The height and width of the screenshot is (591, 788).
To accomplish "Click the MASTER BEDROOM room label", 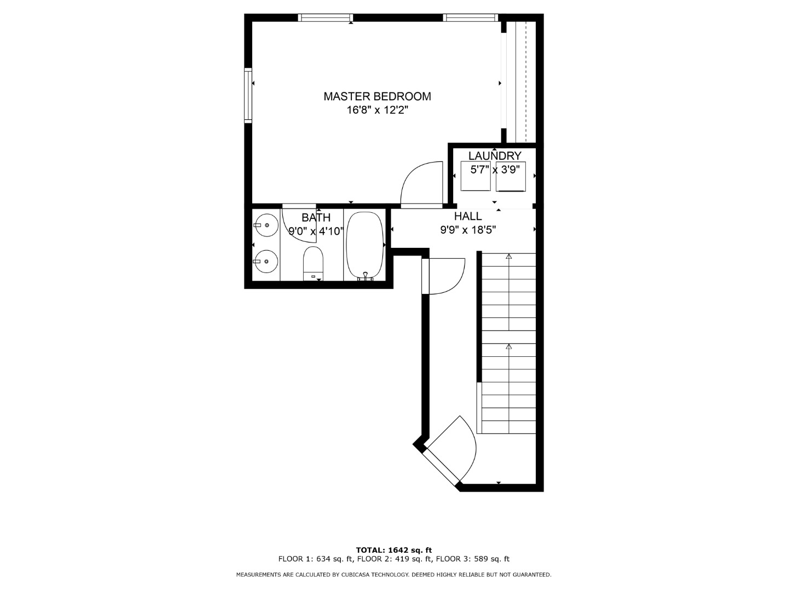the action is click(377, 96).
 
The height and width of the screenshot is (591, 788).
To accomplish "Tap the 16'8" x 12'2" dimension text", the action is click(377, 110).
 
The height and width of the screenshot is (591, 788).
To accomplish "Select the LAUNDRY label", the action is click(495, 156).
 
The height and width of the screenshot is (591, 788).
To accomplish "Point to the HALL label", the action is click(468, 216).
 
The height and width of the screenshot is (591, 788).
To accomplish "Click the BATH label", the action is click(316, 217).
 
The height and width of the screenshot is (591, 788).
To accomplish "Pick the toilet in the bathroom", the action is click(313, 264).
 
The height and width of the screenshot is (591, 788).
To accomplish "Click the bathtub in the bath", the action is click(365, 246).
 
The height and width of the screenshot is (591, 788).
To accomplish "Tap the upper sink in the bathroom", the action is click(266, 225).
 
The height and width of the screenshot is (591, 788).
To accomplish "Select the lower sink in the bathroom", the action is click(266, 261).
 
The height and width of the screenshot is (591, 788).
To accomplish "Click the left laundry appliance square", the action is click(476, 176).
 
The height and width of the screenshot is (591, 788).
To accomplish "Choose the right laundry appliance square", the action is click(511, 176).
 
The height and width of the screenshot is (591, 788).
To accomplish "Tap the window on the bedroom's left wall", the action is click(248, 95).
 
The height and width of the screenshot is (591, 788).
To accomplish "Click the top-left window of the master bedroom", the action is click(326, 18).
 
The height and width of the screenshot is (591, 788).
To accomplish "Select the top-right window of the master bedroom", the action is click(471, 18).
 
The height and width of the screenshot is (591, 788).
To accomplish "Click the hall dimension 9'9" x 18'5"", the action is click(468, 230).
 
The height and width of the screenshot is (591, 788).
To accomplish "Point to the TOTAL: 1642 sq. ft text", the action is click(394, 550).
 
